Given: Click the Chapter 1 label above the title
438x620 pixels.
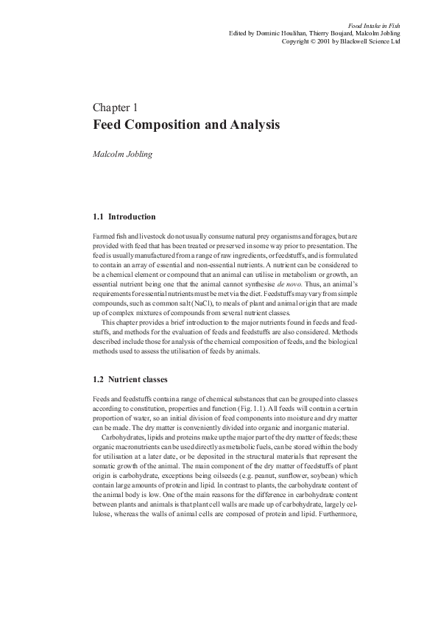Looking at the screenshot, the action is click(x=116, y=109).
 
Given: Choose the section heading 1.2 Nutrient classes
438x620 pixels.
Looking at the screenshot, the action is click(x=131, y=380).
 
